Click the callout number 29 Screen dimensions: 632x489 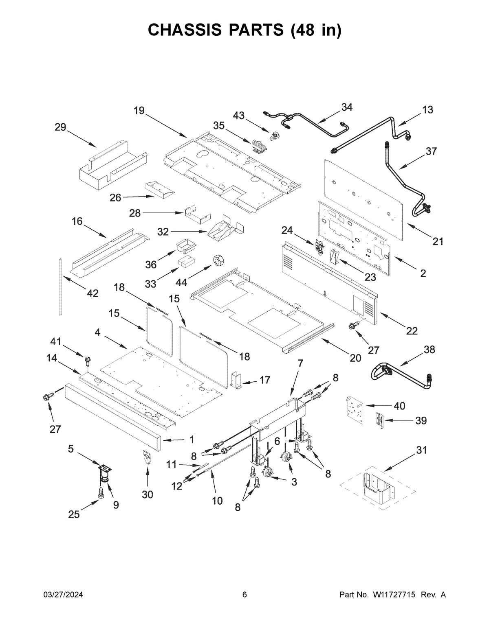click(x=60, y=127)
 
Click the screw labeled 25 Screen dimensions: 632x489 click(x=101, y=493)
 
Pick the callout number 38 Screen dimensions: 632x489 click(x=429, y=350)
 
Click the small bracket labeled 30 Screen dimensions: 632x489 click(x=147, y=457)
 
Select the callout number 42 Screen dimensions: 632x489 click(x=93, y=293)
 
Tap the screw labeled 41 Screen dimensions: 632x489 click(x=87, y=360)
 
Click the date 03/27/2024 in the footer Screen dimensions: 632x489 click(x=63, y=595)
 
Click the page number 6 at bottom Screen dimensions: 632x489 click(x=244, y=595)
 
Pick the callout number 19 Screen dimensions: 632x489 click(x=139, y=111)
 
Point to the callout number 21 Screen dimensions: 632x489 click(x=438, y=242)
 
